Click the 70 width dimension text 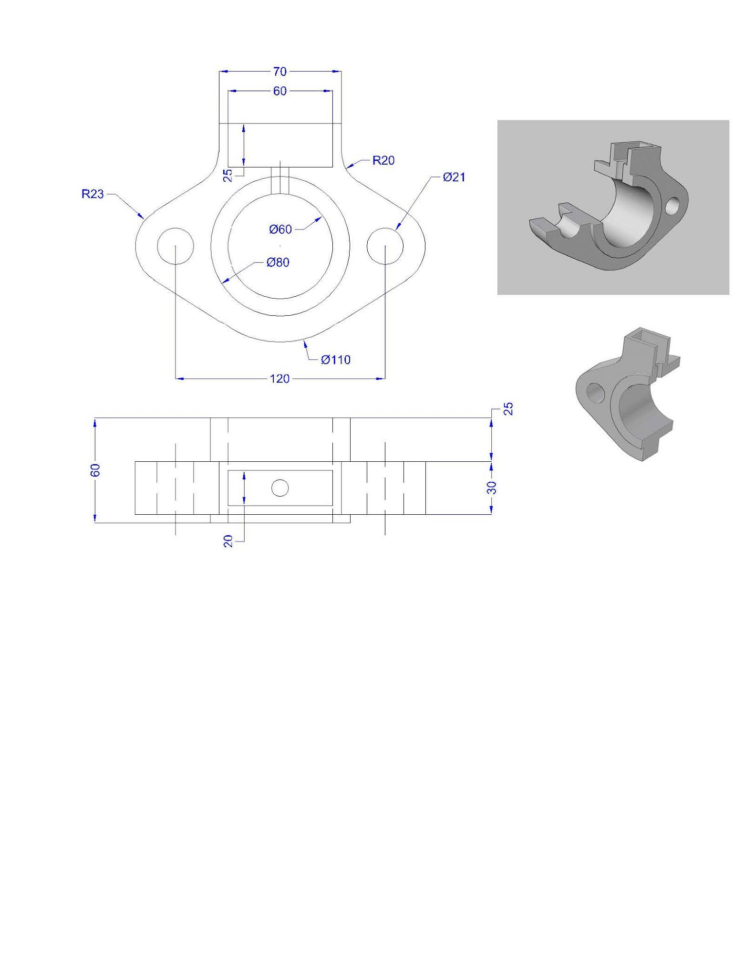coord(280,72)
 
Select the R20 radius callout coord(383,160)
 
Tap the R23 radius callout coord(93,194)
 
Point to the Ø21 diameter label coord(454,177)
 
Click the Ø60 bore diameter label coord(280,229)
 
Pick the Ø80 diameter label coord(278,262)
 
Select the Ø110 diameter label coord(336,360)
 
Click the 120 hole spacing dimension coord(280,379)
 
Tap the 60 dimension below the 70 coord(280,91)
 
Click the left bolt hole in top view coord(175,246)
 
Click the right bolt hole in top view coord(385,246)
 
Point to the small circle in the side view coord(280,488)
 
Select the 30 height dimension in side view coord(493,488)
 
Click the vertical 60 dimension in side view coord(95,470)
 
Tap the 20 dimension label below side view coord(228,541)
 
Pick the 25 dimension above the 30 coord(509,409)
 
